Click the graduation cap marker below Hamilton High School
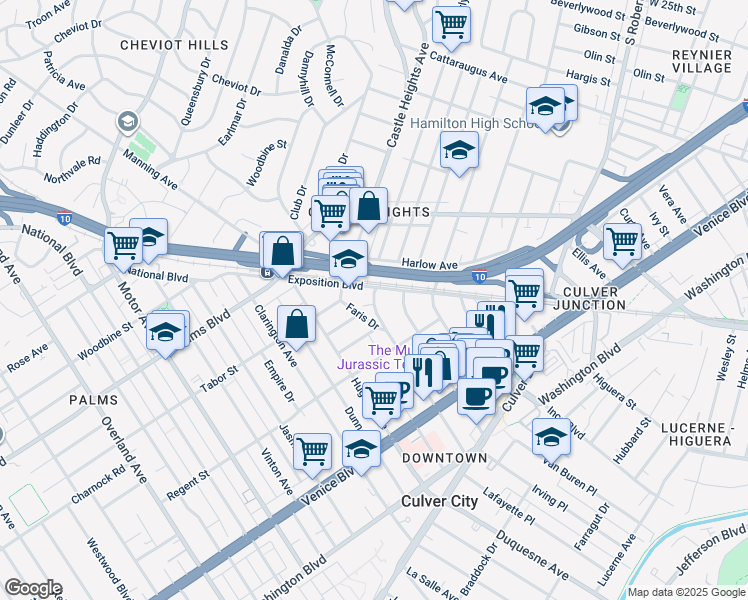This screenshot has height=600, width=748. (459, 151)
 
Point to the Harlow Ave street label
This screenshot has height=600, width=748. (429, 264)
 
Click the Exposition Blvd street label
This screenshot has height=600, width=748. (324, 283)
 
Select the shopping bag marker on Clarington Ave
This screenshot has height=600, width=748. (297, 323)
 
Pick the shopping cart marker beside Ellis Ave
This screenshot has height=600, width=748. (622, 240)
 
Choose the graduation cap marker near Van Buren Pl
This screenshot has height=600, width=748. (551, 436)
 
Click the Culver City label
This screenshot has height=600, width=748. (439, 501)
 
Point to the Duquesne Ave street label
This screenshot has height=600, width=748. (530, 562)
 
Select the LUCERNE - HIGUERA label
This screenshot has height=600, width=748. (702, 437)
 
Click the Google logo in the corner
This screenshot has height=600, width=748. (32, 588)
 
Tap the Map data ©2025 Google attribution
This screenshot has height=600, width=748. (686, 592)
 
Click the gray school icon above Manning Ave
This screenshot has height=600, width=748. (127, 122)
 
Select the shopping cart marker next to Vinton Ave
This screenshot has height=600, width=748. (313, 451)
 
